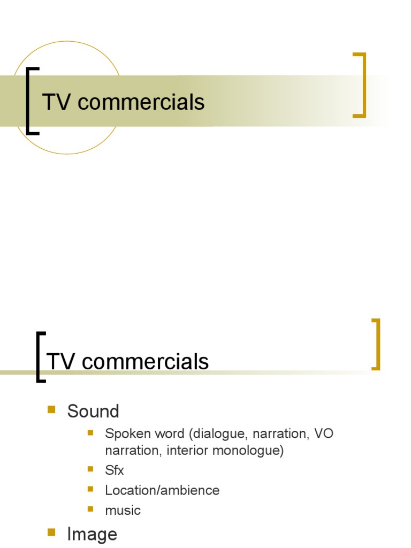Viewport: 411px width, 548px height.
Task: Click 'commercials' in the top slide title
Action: point(141,102)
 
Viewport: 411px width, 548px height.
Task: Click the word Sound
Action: point(93,412)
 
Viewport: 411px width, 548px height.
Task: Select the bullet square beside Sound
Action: point(52,410)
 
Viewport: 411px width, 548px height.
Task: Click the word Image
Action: point(92,534)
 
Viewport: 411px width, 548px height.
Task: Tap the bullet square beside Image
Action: point(52,532)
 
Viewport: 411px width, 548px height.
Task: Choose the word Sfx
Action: point(115,470)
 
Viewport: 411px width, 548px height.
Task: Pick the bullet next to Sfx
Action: point(90,469)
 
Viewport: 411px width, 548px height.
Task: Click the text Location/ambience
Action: point(162,490)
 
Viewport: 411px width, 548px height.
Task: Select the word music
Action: point(123,510)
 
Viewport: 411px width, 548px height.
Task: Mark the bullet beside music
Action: point(90,509)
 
